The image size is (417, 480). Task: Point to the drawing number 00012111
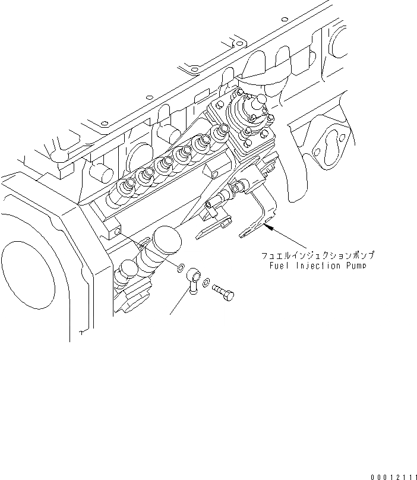coord(391,473)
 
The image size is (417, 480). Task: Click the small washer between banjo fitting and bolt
coord(206,282)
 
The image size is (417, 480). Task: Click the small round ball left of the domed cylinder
coord(127,271)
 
